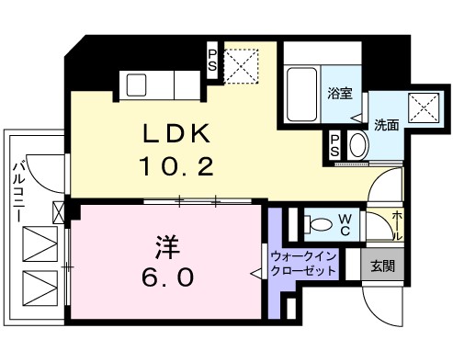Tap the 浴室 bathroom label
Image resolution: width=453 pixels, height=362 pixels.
point(339,94)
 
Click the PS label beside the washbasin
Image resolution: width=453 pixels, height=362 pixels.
point(337,145)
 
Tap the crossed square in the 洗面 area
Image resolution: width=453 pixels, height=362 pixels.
point(421,108)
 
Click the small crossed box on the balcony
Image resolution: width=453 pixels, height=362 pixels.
point(60,213)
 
